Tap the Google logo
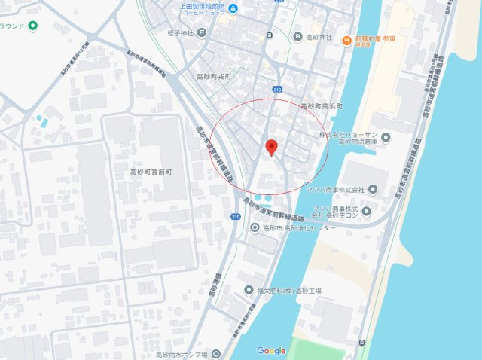pos(271,351)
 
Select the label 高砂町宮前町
pos(153,172)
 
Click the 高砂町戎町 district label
pos(215,77)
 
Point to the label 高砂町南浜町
pos(322,106)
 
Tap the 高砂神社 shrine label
pos(322,37)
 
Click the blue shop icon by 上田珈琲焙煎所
pos(233,9)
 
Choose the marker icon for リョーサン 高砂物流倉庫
pos(386,138)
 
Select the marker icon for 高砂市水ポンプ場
pos(216,352)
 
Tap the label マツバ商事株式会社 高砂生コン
pos(333,212)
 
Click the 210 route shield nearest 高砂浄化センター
pos(236,218)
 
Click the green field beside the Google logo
pos(316,349)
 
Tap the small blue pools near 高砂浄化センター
pos(264,199)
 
